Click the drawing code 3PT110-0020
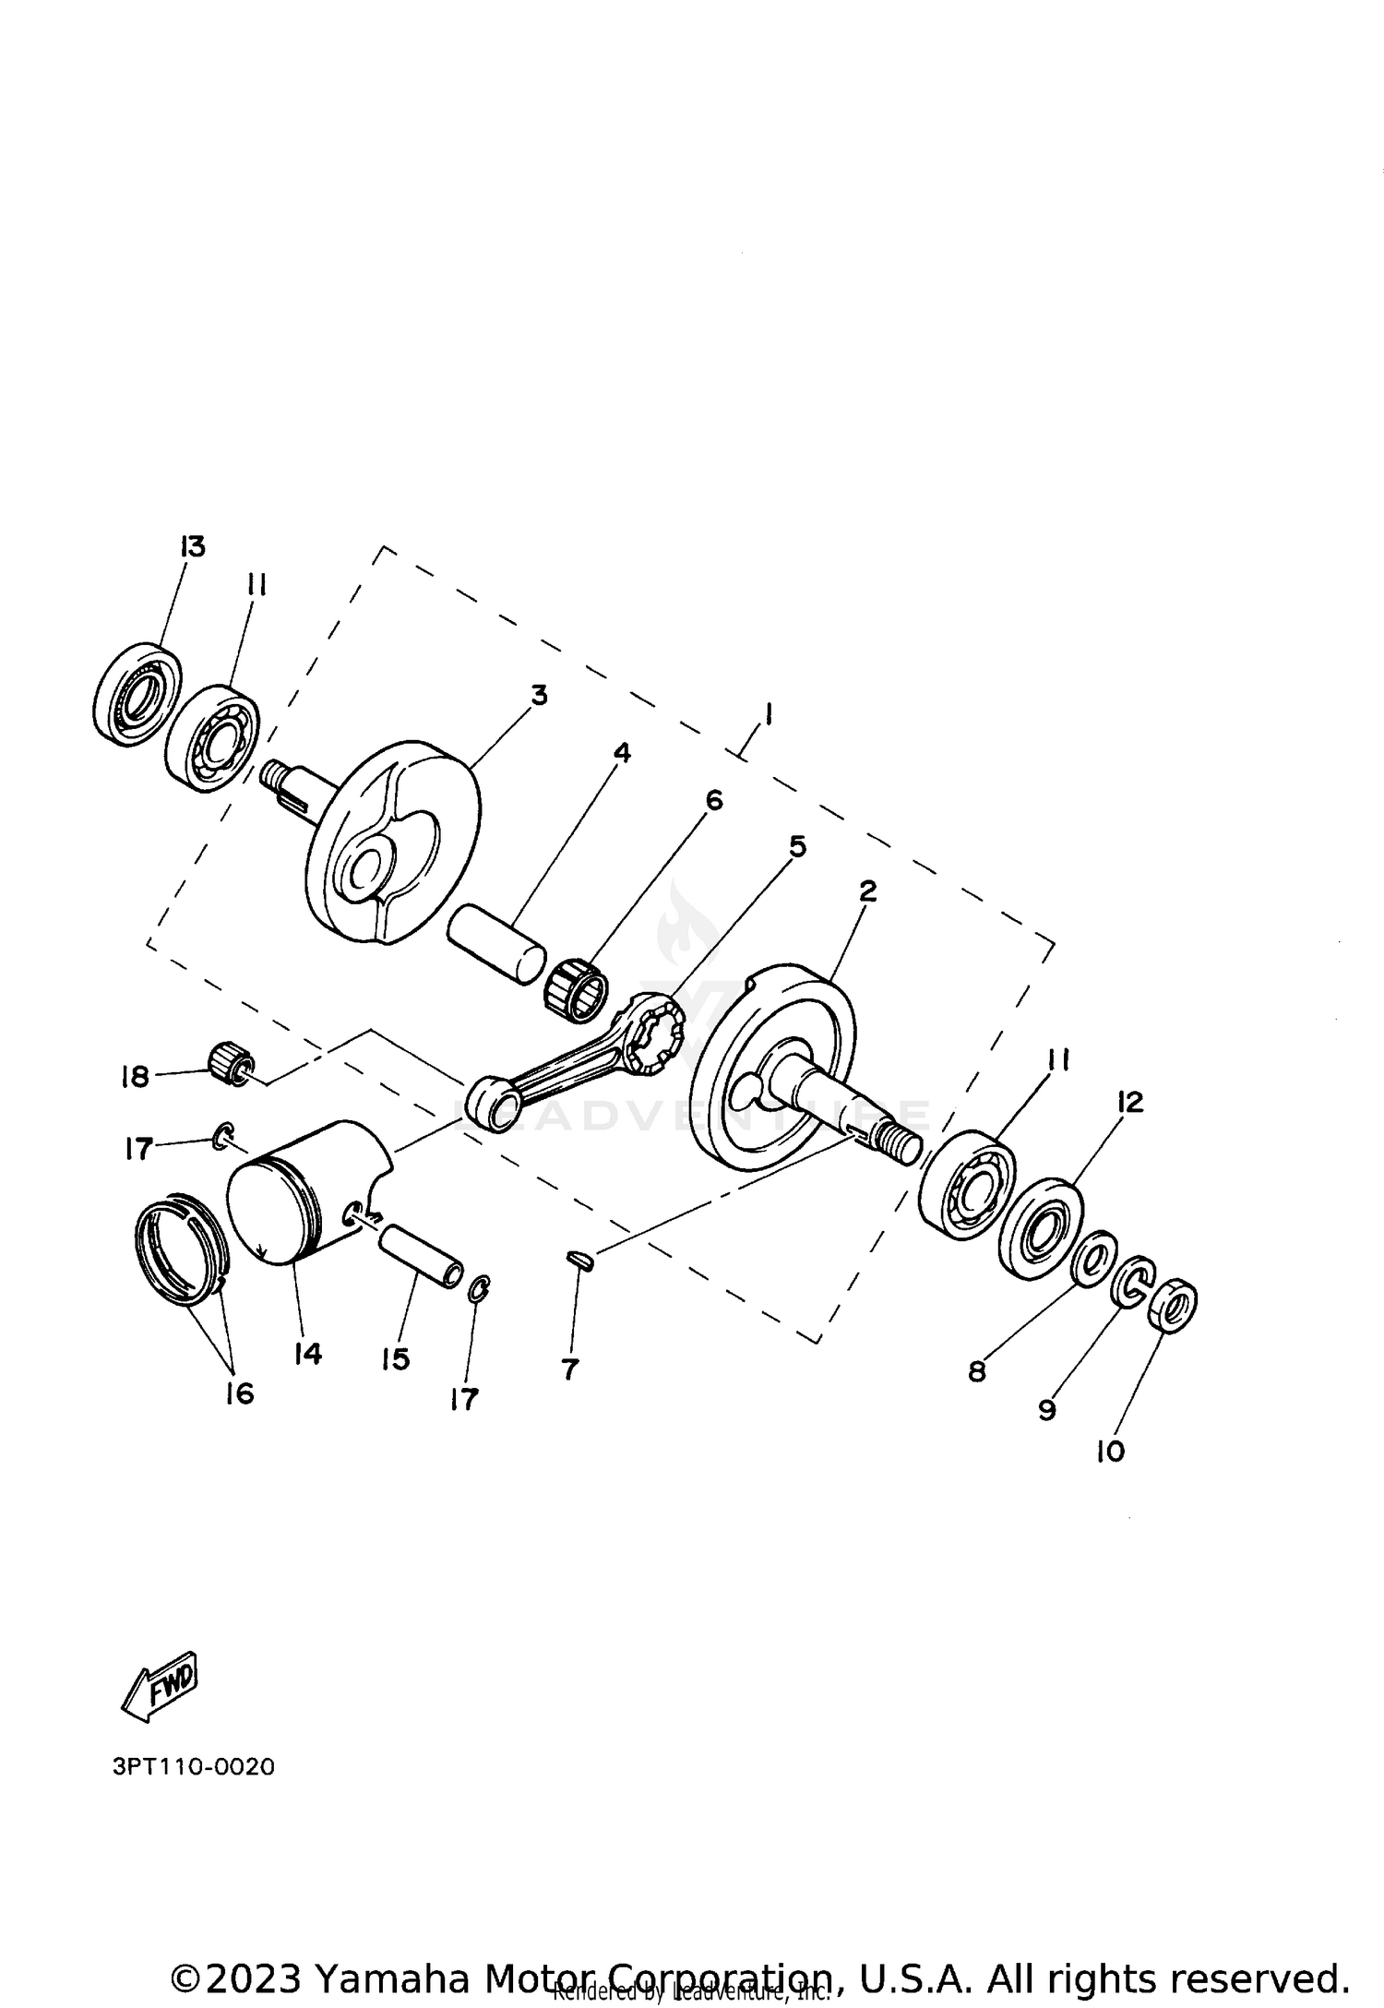tap(193, 1767)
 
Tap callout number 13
tap(192, 545)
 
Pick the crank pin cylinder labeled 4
tap(495, 941)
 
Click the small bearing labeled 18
tap(229, 1064)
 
